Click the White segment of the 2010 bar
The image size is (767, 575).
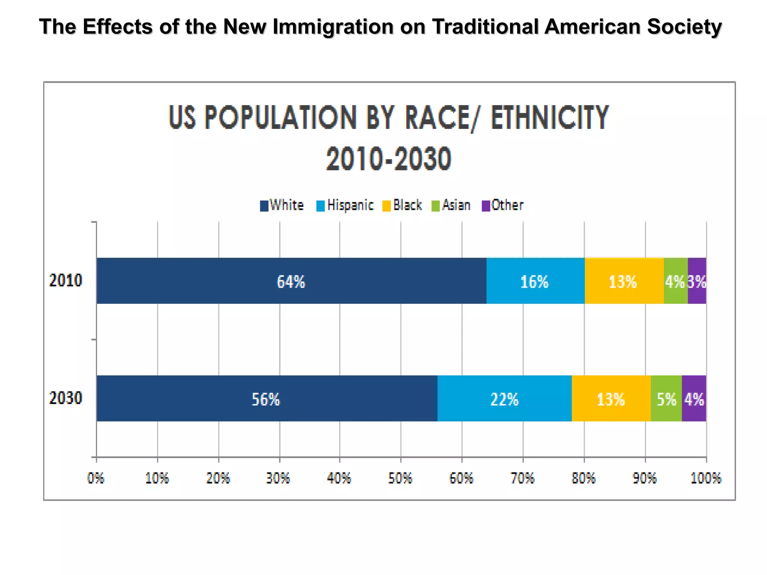point(291,281)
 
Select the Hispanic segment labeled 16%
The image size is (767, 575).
point(535,281)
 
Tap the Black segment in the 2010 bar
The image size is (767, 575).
point(624,281)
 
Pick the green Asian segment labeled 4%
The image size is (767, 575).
point(675,281)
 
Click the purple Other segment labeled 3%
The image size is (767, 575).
point(697,281)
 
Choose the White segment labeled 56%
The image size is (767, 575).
point(266,399)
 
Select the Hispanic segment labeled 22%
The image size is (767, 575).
point(504,399)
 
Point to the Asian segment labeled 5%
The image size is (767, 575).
point(666,399)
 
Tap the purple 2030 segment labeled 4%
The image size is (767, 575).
point(694,399)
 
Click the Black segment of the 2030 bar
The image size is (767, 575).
point(611,399)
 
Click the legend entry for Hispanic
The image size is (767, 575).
point(345,205)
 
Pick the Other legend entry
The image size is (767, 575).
point(503,205)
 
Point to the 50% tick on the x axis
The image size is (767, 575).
point(400,478)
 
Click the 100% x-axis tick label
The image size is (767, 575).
point(706,478)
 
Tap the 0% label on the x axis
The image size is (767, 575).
point(96,478)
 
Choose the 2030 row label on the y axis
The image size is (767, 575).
point(66,398)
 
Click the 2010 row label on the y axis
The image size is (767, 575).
point(66,281)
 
